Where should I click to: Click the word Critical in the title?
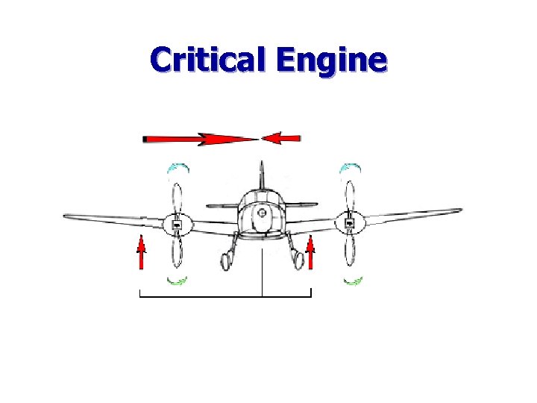tap(208, 59)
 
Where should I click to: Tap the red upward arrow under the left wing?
tap(140, 252)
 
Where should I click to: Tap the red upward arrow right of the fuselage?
tap(310, 252)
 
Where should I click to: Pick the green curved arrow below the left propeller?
tap(178, 281)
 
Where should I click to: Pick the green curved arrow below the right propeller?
tap(353, 281)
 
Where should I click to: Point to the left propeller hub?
tap(178, 224)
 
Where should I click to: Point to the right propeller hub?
tap(348, 222)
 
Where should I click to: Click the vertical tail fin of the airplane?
tap(260, 175)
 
